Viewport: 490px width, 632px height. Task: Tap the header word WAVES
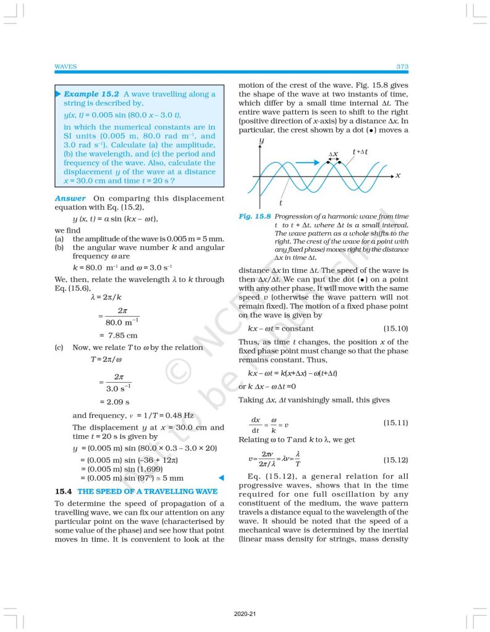point(65,66)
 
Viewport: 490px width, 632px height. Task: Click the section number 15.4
point(64,491)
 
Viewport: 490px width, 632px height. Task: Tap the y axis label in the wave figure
point(262,142)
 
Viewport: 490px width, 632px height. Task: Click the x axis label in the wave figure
point(398,175)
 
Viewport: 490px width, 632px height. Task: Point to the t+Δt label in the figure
point(361,152)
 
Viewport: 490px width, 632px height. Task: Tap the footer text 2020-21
point(245,615)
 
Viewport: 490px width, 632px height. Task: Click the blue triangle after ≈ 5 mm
point(219,478)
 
